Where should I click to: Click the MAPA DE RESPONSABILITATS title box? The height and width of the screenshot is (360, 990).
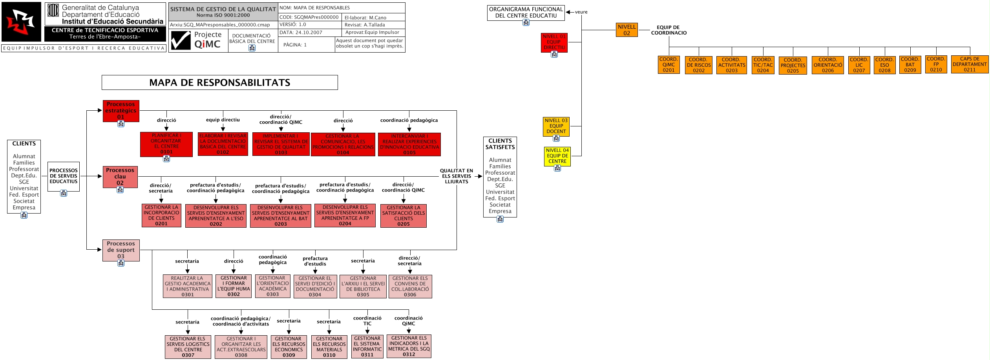(x=219, y=82)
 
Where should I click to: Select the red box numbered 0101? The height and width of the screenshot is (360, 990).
(x=166, y=144)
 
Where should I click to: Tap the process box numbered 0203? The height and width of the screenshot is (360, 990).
(x=280, y=216)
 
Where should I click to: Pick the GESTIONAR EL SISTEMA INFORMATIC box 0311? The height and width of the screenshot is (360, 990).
(x=367, y=346)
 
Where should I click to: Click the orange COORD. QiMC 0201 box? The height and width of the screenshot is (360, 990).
(x=669, y=65)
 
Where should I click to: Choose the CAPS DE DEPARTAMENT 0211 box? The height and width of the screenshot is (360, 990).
(x=969, y=64)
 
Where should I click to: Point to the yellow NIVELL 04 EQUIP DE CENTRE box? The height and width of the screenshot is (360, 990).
(x=557, y=156)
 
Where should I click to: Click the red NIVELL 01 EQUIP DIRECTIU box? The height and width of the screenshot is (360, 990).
(x=554, y=42)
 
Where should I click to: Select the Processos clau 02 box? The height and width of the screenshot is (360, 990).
(x=120, y=177)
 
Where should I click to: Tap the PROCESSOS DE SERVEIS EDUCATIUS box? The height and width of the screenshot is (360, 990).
(x=64, y=176)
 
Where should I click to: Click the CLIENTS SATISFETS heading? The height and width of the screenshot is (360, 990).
(x=500, y=144)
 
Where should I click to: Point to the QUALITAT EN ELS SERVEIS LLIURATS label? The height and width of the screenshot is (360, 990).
(x=456, y=176)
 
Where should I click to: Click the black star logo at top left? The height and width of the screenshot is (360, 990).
(x=21, y=22)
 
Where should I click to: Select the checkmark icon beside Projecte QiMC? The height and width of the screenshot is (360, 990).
(x=181, y=40)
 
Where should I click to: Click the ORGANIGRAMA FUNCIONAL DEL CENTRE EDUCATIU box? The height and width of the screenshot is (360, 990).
(x=526, y=13)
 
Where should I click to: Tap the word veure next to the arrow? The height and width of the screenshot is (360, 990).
(x=581, y=12)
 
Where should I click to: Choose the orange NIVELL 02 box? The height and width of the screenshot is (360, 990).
(x=627, y=30)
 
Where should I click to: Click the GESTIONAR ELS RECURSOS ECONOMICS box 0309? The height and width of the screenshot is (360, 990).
(x=289, y=347)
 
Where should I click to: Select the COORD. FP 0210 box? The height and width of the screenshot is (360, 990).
(x=936, y=64)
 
